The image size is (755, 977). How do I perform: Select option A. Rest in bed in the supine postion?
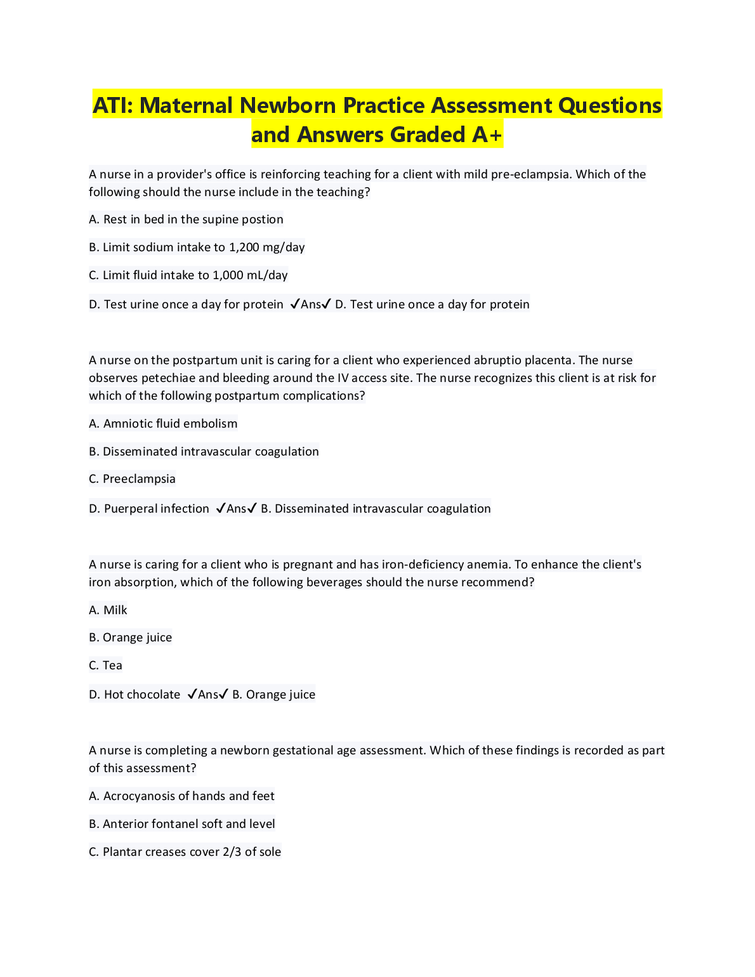[186, 220]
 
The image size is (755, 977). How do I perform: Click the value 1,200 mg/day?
[266, 247]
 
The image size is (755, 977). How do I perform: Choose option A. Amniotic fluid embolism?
[163, 424]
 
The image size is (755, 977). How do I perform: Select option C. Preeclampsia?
[132, 479]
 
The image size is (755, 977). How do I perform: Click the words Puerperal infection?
[156, 509]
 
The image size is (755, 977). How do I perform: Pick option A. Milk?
[108, 610]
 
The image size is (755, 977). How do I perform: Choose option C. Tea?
[105, 666]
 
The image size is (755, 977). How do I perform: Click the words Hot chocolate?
[142, 695]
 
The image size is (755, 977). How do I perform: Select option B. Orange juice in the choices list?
[130, 638]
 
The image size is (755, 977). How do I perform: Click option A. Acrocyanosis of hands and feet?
[181, 796]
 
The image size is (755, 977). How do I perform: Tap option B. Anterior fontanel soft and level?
[181, 824]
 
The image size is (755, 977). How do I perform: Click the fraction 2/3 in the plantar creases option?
[232, 852]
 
